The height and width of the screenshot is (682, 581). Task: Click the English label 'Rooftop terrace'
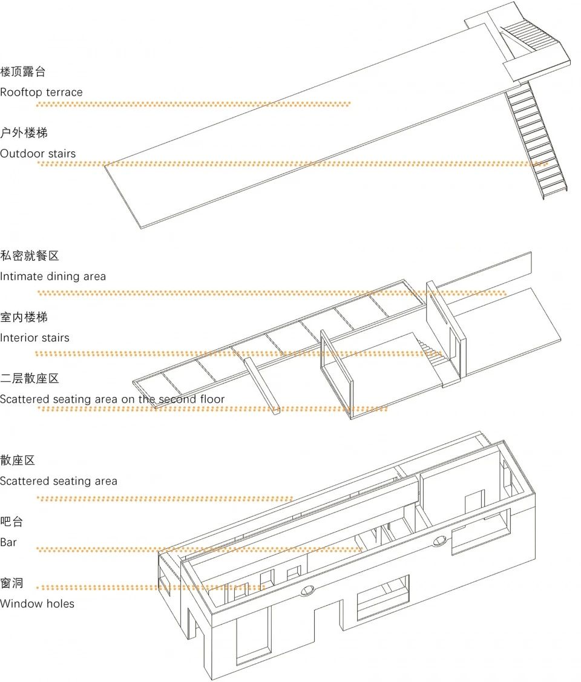(x=41, y=93)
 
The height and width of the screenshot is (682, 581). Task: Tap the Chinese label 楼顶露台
(x=23, y=72)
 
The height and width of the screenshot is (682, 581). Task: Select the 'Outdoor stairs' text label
(x=38, y=154)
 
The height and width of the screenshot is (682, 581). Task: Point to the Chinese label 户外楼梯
(x=24, y=133)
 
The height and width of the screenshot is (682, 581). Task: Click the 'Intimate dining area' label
(x=53, y=277)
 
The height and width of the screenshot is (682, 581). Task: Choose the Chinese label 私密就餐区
(x=30, y=256)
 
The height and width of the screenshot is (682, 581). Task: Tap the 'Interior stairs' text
(x=34, y=338)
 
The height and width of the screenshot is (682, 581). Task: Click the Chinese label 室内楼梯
(x=24, y=317)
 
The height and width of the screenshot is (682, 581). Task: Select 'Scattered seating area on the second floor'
(x=112, y=399)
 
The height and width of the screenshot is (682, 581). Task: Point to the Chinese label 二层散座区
(x=30, y=379)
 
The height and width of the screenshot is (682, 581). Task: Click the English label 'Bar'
(x=8, y=542)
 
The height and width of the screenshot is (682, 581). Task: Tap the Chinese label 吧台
(x=11, y=522)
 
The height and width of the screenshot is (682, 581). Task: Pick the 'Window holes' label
(x=37, y=603)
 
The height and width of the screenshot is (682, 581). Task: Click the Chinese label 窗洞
(x=11, y=583)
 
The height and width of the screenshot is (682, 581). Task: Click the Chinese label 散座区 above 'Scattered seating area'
(x=18, y=461)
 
